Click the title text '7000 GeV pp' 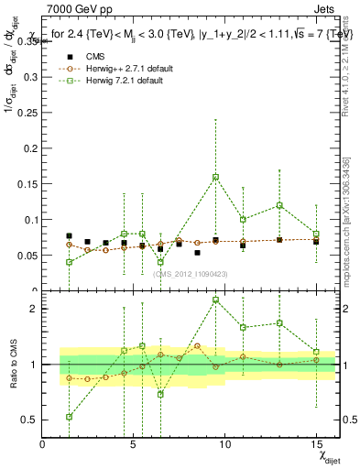(x=75, y=8)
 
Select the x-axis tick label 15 (x=316, y=445)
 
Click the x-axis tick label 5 (x=134, y=445)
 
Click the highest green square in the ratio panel (x=215, y=300)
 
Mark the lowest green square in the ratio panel (x=70, y=417)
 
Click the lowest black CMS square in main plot (x=197, y=253)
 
